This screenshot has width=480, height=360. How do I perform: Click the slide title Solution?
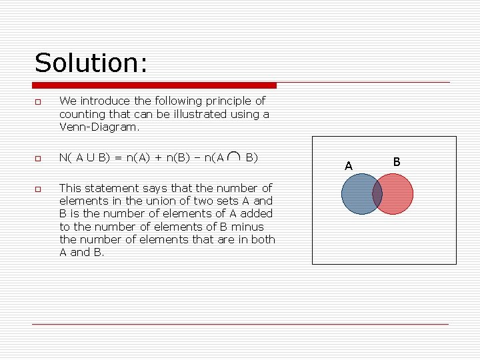point(91,63)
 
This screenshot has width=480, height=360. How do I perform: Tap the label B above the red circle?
point(397,161)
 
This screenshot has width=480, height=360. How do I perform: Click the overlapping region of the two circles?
point(377,194)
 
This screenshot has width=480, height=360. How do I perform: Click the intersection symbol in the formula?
point(235,157)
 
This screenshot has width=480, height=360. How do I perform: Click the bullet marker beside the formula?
point(38,159)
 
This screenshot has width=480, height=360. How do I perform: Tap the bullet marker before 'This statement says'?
point(38,189)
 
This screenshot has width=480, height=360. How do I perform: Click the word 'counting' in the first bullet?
point(81,114)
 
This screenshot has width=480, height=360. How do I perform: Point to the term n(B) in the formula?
point(179,158)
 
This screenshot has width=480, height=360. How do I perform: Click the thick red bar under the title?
point(154,85)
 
